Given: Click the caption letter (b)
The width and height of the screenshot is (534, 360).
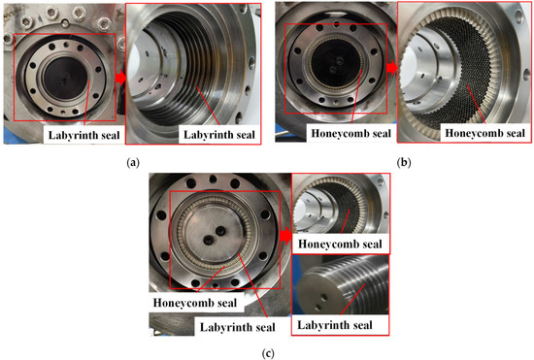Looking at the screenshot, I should [x=401, y=162].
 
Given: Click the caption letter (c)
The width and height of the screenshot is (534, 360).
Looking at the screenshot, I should [x=266, y=352].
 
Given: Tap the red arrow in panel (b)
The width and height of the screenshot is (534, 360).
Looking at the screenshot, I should [x=393, y=74].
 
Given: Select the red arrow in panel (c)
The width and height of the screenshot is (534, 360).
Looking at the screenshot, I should [x=287, y=234].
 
